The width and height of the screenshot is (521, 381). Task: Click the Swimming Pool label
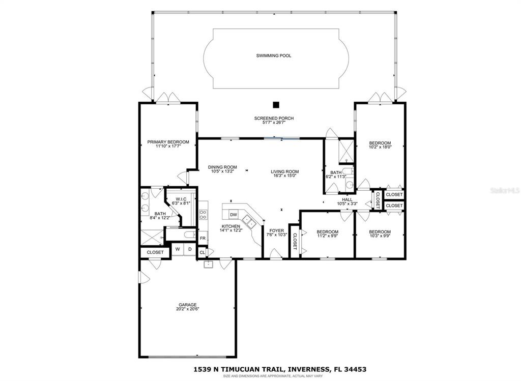coord(273,56)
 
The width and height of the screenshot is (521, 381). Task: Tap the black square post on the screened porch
coord(275,105)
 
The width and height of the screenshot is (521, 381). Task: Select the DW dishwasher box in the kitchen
coord(234,215)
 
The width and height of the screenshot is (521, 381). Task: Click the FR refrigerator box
coord(202,238)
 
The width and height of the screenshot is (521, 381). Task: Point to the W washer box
coord(178,249)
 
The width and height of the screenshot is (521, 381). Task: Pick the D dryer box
coord(190,249)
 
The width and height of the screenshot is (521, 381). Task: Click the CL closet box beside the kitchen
coord(202,252)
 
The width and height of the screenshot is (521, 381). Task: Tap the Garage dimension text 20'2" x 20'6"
coord(188,309)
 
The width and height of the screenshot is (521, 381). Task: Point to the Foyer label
coord(276,230)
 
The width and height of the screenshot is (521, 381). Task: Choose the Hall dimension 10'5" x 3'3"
coord(347,203)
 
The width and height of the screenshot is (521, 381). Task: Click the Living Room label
coord(285,172)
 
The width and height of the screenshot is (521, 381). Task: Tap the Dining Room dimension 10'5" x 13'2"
coord(223,171)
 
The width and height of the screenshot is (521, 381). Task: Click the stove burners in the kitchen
coord(202,214)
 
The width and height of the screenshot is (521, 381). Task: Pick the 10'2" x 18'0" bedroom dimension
coord(381,147)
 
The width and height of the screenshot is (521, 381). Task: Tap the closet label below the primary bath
coord(155,252)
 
